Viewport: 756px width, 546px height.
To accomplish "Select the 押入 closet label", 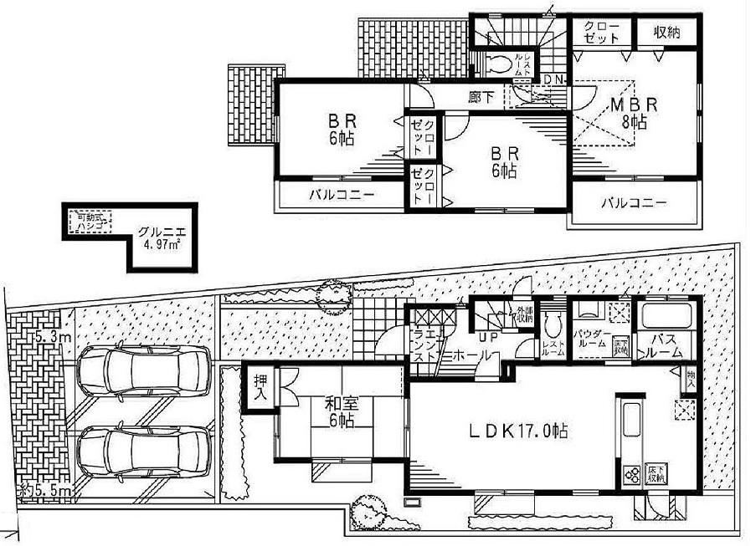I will tap(260, 389).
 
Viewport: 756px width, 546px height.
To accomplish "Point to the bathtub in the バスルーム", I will tap(665, 318).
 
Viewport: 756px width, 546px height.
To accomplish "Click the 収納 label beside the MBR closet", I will tap(666, 33).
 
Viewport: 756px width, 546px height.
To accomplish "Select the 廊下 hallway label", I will tap(480, 96).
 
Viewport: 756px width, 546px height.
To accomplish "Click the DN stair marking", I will tap(553, 79).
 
